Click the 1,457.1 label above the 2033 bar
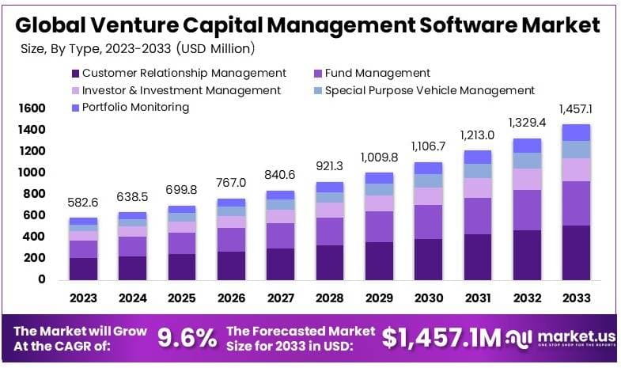[575, 108]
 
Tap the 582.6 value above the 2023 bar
[83, 203]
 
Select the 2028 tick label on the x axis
[329, 299]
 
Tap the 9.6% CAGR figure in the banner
[187, 338]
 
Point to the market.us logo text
[570, 335]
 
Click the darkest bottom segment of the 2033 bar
[575, 252]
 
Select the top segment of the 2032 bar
[526, 146]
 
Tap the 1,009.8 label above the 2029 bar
[378, 157]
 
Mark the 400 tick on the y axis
[34, 237]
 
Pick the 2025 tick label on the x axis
[181, 299]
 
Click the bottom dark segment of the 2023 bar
[83, 268]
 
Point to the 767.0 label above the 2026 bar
[230, 183]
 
